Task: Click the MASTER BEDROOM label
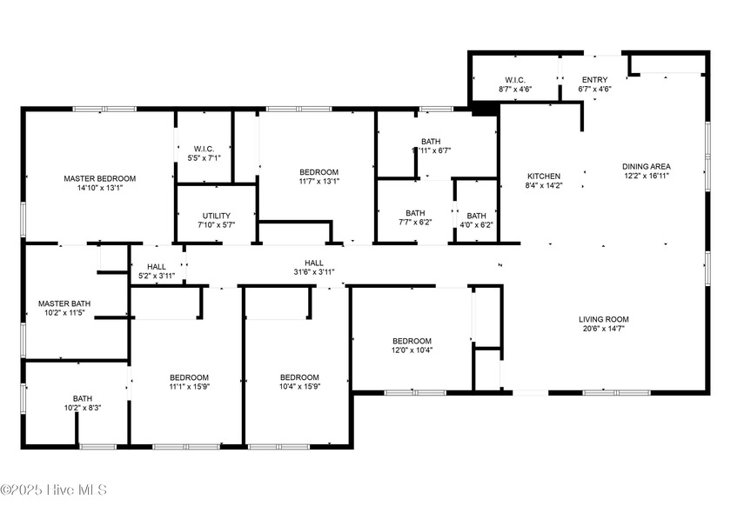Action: [100, 178]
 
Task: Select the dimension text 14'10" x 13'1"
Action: [100, 188]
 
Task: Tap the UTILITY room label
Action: [217, 216]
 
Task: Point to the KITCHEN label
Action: [544, 176]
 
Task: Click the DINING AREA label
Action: [646, 166]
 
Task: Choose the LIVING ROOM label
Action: [603, 319]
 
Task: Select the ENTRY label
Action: [595, 80]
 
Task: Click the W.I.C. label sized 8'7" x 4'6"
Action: [515, 80]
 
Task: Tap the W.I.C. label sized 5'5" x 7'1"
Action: [205, 149]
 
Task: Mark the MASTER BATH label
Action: [64, 303]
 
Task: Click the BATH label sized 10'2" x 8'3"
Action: [83, 398]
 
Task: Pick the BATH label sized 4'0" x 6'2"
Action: [476, 216]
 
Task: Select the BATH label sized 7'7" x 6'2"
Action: [415, 213]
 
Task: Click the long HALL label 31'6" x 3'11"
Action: [314, 263]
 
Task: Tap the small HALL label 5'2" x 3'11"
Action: [157, 267]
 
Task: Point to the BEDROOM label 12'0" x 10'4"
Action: [412, 341]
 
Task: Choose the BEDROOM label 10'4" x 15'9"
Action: [300, 376]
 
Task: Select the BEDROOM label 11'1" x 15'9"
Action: [189, 376]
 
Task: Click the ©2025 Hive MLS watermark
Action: [54, 490]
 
